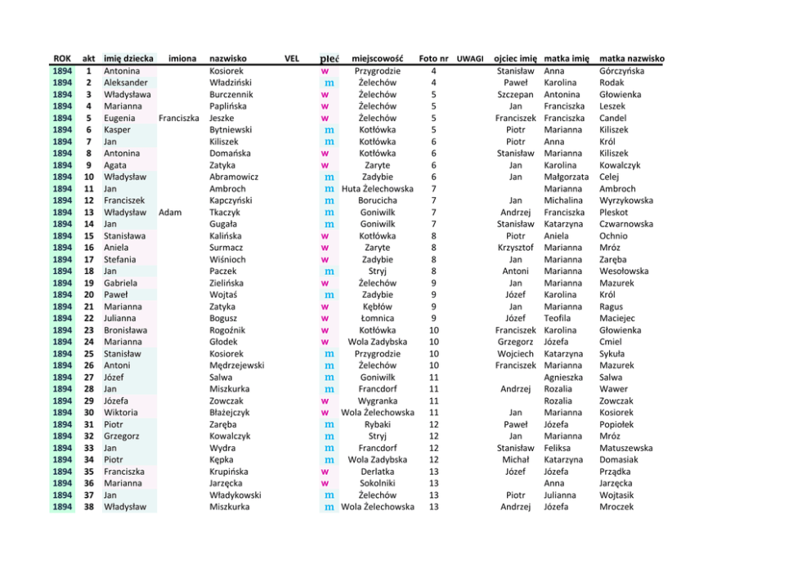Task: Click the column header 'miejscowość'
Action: (377, 59)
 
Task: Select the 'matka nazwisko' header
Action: (631, 59)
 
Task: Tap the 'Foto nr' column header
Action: (432, 59)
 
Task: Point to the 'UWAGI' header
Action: (470, 59)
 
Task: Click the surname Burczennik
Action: (231, 95)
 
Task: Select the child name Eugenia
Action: (119, 119)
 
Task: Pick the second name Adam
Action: (170, 213)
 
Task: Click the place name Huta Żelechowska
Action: (377, 189)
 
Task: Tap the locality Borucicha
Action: (377, 200)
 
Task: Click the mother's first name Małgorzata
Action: (566, 177)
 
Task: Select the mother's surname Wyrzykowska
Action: (625, 200)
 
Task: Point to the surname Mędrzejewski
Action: (237, 365)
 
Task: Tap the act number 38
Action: (87, 507)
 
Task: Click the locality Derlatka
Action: (377, 472)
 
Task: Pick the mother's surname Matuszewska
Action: (625, 448)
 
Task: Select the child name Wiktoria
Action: (121, 413)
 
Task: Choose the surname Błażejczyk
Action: (230, 413)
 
